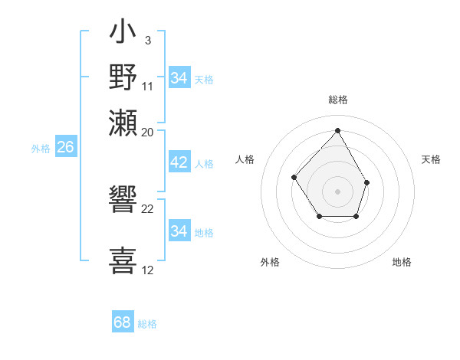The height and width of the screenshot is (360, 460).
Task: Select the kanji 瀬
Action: [123, 122]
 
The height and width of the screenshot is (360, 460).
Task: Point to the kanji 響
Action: [123, 201]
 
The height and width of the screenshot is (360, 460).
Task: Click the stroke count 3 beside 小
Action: [147, 40]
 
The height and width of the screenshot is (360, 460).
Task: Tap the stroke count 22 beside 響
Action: [148, 208]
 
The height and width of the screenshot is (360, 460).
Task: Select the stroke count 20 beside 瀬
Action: [148, 132]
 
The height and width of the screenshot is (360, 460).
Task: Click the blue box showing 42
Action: [179, 163]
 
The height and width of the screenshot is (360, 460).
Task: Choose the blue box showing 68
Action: [123, 322]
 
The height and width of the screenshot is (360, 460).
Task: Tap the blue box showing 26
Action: [65, 148]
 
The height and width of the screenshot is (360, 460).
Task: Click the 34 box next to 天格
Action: [179, 78]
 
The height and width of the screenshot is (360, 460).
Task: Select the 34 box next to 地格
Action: [179, 231]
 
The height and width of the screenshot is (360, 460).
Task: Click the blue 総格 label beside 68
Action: [147, 324]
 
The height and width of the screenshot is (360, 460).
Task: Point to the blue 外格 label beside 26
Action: [41, 149]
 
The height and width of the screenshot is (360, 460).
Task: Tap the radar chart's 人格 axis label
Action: [245, 159]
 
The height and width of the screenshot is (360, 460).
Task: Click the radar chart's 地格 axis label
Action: [402, 262]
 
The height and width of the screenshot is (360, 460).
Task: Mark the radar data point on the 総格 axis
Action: [337, 130]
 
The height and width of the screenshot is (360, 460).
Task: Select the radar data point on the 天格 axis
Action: [367, 182]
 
